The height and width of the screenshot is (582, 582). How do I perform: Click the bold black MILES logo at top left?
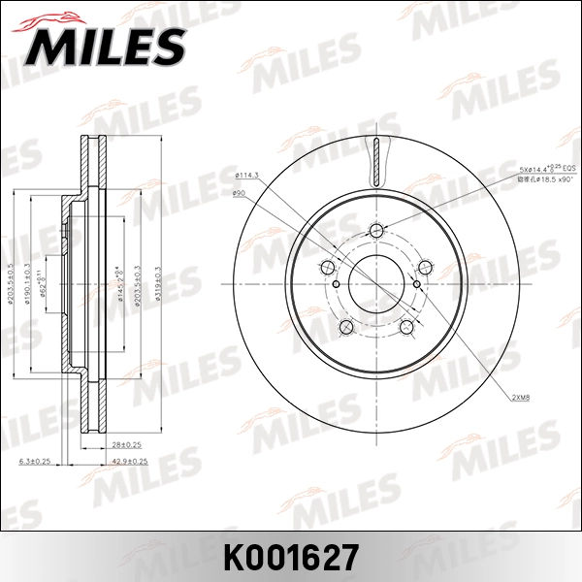102,44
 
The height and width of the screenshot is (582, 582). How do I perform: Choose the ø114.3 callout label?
246,175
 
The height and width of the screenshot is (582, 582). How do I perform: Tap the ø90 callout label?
239,194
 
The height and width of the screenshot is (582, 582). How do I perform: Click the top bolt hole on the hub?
377,230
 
